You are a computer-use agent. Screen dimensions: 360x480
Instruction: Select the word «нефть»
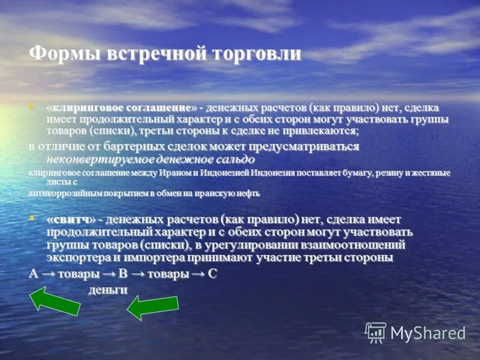tap(248, 194)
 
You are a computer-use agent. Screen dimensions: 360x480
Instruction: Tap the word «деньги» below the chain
tap(108, 290)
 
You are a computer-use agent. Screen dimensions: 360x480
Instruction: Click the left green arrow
tap(55, 301)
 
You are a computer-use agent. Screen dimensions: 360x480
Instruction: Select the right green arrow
tap(152, 307)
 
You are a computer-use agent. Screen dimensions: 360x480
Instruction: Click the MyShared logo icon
tap(376, 332)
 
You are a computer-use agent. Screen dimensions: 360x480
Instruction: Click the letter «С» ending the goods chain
tap(212, 274)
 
